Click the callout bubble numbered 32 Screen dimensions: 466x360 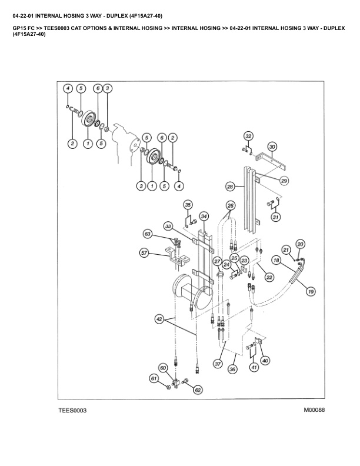pos(248,136)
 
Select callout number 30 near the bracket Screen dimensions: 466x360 pos(272,146)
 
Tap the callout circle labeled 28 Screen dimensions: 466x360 pos(230,186)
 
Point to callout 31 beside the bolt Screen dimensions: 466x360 pos(275,218)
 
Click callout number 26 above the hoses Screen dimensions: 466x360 pos(231,205)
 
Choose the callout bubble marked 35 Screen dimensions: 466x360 pos(188,205)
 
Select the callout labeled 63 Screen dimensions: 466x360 pos(147,234)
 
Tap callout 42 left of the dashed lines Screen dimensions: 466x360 pos(159,319)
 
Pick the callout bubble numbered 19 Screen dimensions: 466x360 pos(310,290)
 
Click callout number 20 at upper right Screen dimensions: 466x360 pos(300,244)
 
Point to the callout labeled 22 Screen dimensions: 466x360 pos(269,277)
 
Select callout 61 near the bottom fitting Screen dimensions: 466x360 pos(154,378)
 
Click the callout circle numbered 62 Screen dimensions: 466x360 pos(198,390)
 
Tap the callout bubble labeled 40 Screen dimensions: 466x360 pos(265,360)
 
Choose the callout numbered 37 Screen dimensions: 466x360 pos(218,364)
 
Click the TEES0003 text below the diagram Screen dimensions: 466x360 pos(72,411)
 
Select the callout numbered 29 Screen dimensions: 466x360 pos(284,181)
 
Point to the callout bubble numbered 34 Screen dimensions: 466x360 pos(204,216)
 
